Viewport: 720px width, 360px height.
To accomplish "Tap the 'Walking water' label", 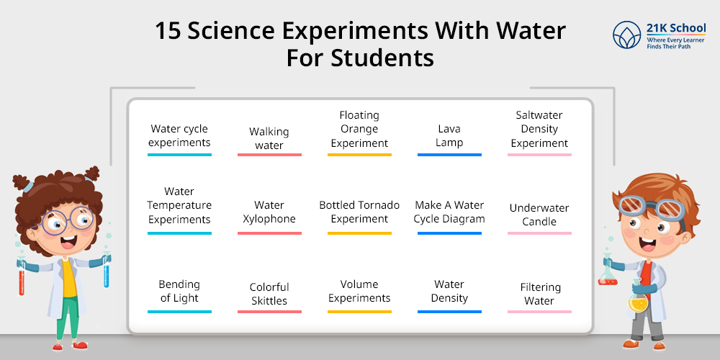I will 269,138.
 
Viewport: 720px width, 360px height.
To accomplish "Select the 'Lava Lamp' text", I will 449,135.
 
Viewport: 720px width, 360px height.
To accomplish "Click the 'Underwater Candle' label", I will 539,215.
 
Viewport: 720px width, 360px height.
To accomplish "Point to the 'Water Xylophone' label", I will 269,212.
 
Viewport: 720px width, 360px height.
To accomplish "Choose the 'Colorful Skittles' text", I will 269,294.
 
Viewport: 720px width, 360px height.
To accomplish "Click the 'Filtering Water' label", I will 539,294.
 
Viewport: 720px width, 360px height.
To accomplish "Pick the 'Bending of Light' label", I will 179,291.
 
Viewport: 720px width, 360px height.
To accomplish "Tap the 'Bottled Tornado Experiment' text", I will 359,212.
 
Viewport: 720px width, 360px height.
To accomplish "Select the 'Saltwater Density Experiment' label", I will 539,129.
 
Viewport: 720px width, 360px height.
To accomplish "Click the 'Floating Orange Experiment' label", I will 359,129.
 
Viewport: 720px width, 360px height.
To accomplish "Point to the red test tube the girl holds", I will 22,276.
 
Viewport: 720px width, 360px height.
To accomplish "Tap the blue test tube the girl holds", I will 107,274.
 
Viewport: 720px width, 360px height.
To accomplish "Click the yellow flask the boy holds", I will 637,303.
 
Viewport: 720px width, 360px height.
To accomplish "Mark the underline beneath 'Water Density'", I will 449,312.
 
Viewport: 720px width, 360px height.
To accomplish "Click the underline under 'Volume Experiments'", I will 359,312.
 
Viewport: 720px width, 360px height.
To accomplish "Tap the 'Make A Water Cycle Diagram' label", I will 449,212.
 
